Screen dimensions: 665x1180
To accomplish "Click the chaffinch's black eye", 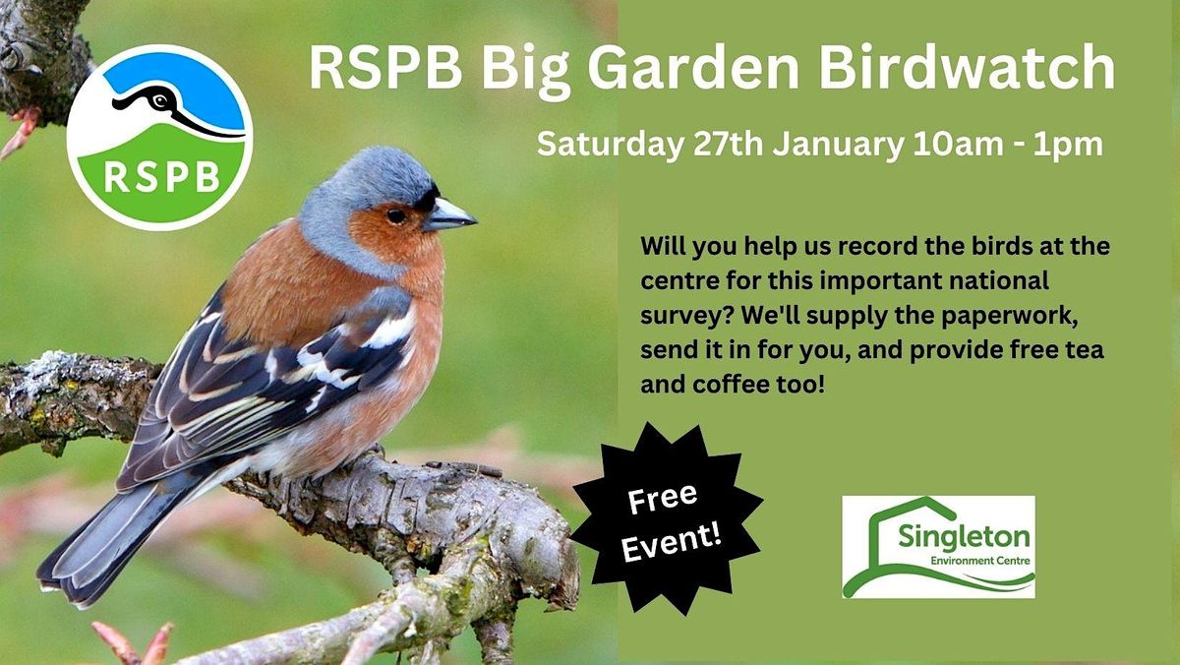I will [x=395, y=215].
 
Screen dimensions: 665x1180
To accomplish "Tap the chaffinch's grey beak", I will [x=448, y=214].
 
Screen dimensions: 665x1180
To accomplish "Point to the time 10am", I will [x=950, y=146].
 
